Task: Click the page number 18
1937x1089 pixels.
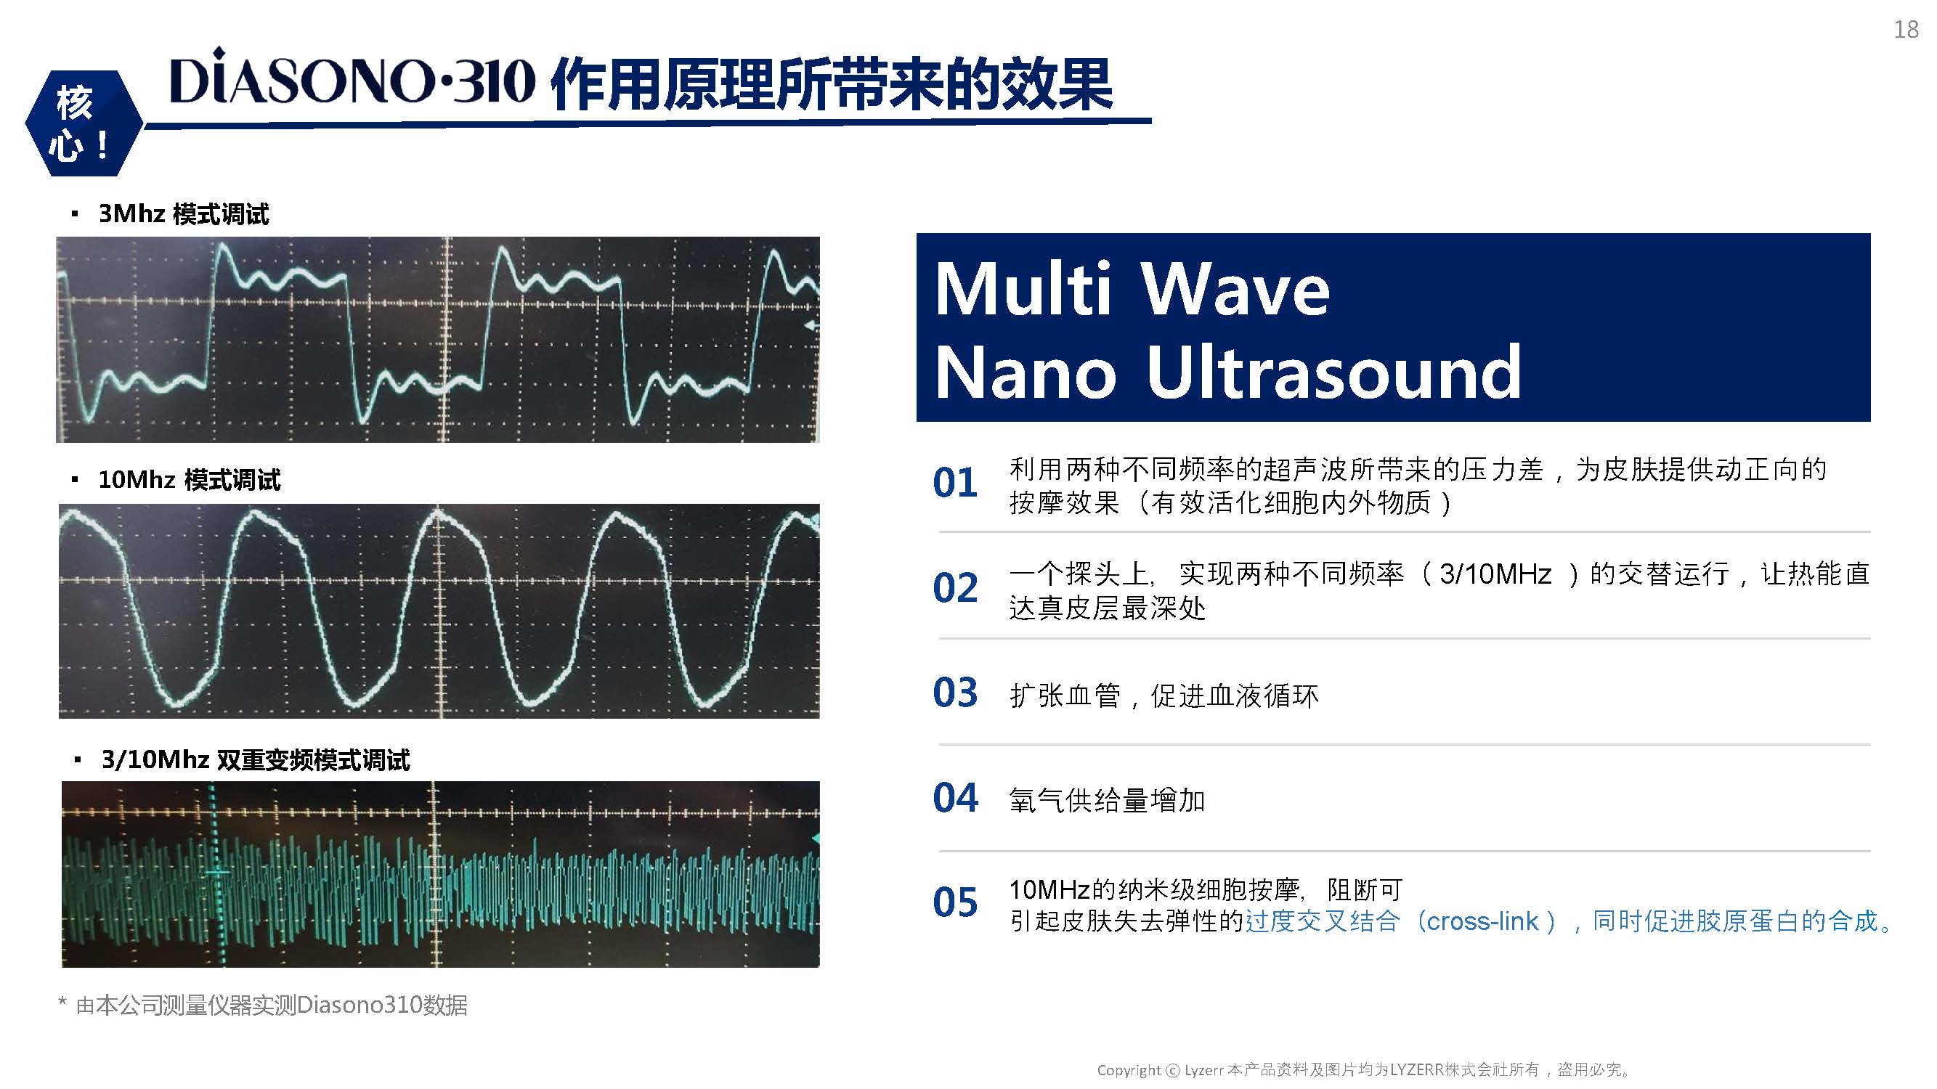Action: coord(1906,29)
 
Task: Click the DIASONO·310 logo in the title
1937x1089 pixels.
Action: coord(353,78)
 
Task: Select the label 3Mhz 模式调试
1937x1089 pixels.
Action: coord(184,214)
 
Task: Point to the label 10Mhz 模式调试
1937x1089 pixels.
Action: coord(190,479)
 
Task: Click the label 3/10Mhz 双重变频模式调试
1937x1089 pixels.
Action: coord(256,760)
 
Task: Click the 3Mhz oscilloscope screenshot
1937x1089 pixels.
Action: coord(438,340)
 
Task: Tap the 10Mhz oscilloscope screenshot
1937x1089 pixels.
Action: coord(439,611)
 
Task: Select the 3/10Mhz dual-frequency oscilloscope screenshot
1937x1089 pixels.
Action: coord(441,874)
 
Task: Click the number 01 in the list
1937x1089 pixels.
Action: coord(955,483)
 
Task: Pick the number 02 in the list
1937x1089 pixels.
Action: coord(955,588)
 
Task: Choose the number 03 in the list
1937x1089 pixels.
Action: coord(955,692)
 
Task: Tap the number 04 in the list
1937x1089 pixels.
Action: coord(955,797)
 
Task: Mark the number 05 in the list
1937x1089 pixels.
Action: coord(955,902)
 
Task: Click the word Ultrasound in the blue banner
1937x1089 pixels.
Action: coord(1334,371)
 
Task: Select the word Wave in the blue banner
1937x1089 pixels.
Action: coord(1235,290)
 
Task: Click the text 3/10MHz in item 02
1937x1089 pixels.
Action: coord(1495,574)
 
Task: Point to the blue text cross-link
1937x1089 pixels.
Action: coord(1482,921)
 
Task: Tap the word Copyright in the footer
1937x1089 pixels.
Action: coord(1129,1070)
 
